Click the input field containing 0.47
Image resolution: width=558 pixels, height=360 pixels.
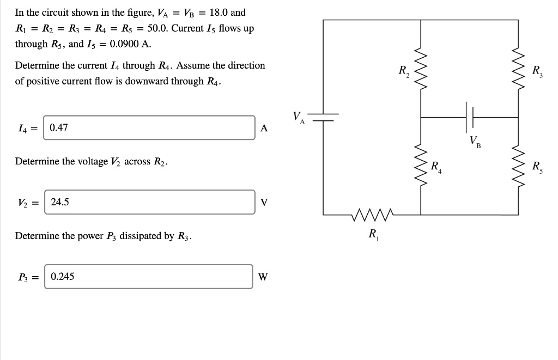click(x=149, y=128)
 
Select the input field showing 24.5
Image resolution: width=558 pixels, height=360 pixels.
click(x=149, y=202)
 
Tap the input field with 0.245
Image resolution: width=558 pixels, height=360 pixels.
click(x=149, y=277)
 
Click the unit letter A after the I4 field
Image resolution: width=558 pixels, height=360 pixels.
click(x=264, y=129)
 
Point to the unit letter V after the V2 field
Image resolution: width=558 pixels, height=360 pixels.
click(x=264, y=203)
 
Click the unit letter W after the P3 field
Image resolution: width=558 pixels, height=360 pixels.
click(x=263, y=277)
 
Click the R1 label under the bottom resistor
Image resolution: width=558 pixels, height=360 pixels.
click(x=374, y=235)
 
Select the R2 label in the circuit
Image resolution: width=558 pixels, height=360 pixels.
click(x=404, y=71)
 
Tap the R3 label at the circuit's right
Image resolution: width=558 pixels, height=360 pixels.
click(x=538, y=71)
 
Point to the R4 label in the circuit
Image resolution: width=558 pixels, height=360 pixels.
click(x=436, y=167)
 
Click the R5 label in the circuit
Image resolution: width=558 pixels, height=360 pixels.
click(x=538, y=167)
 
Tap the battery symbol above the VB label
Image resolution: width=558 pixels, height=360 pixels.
click(x=470, y=117)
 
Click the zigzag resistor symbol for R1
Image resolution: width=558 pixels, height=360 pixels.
click(x=373, y=214)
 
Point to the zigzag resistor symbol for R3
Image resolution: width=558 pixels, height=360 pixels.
click(x=518, y=68)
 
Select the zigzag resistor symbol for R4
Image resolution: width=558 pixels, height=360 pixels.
click(x=421, y=166)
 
